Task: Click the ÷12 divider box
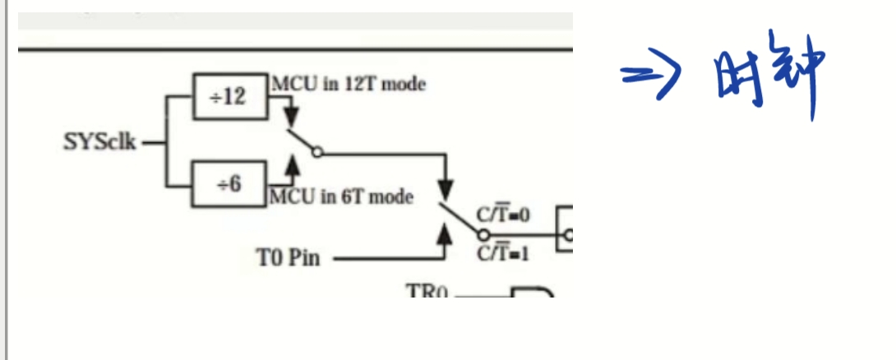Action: point(229,96)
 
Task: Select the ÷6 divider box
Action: point(229,184)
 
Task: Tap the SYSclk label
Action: point(99,141)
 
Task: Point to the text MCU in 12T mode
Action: point(349,84)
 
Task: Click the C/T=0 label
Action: point(504,215)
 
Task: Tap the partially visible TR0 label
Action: point(427,290)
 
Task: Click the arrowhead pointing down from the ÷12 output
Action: point(290,113)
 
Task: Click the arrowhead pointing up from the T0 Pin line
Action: point(445,236)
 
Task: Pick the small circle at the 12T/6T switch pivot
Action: point(318,152)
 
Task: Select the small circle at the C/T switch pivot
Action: point(482,234)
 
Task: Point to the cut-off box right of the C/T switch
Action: point(565,228)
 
